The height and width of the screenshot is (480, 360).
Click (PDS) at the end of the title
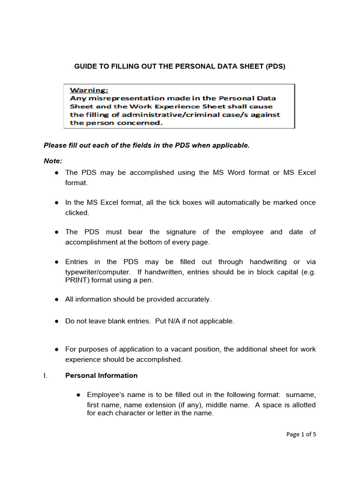click(x=275, y=67)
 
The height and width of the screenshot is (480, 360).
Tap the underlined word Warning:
click(x=89, y=90)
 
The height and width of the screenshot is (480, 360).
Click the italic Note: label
click(x=53, y=160)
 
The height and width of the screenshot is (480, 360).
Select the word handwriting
click(x=266, y=262)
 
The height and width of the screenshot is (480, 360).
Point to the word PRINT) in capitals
click(x=77, y=280)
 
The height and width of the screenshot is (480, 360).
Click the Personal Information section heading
click(x=101, y=375)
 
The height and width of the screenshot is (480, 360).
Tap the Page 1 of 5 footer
click(x=301, y=434)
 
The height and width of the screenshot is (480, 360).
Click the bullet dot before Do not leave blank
click(x=56, y=321)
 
